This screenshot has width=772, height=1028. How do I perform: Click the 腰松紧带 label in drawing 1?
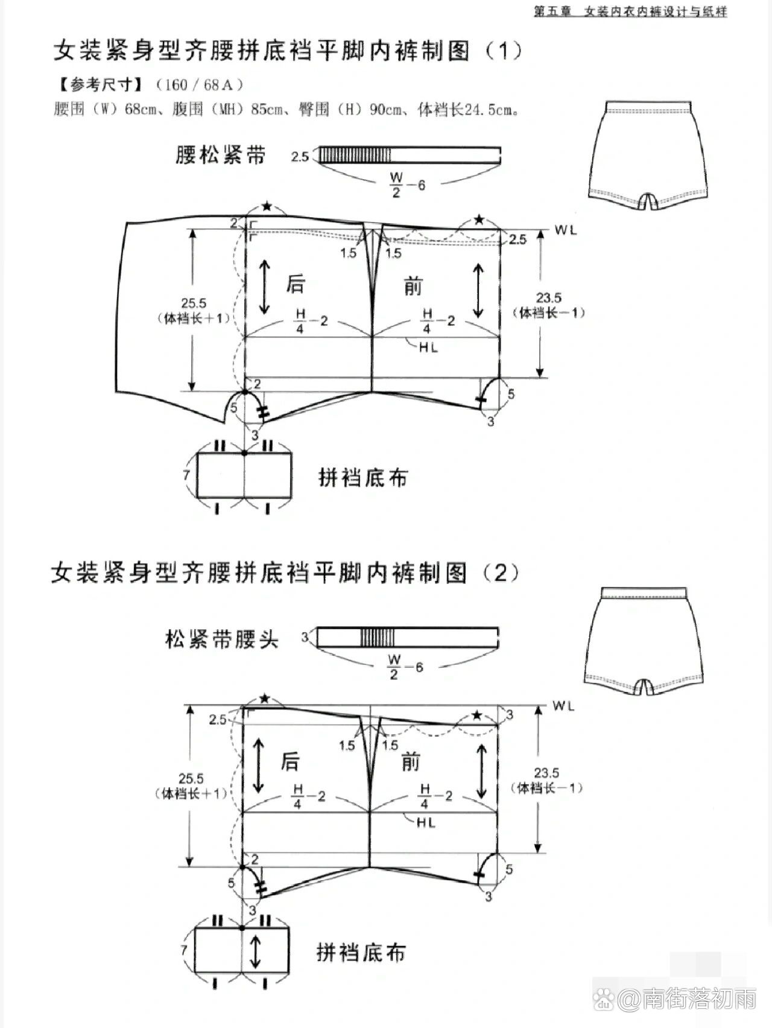pos(221,155)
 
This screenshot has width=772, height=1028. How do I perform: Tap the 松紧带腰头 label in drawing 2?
pos(222,639)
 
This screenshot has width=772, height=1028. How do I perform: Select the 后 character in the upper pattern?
pos(295,284)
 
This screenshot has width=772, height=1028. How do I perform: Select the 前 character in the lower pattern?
pos(410,763)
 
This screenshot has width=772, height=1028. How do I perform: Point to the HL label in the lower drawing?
pos(426,823)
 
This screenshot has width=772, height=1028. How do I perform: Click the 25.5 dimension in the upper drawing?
pos(193,303)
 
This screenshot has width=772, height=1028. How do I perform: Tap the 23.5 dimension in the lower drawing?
pos(546,773)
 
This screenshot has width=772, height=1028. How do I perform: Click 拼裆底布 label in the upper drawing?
pos(362,478)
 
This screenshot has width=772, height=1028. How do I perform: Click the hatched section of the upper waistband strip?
pos(355,155)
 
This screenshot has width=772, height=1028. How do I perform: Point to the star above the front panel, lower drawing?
pos(476,715)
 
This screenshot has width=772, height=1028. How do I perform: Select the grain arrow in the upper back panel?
pos(264,286)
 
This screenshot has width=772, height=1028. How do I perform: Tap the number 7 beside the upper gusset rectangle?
pos(186,475)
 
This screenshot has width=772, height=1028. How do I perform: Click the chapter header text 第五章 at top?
pos(552,11)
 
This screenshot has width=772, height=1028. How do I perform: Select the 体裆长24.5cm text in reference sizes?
pos(468,110)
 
